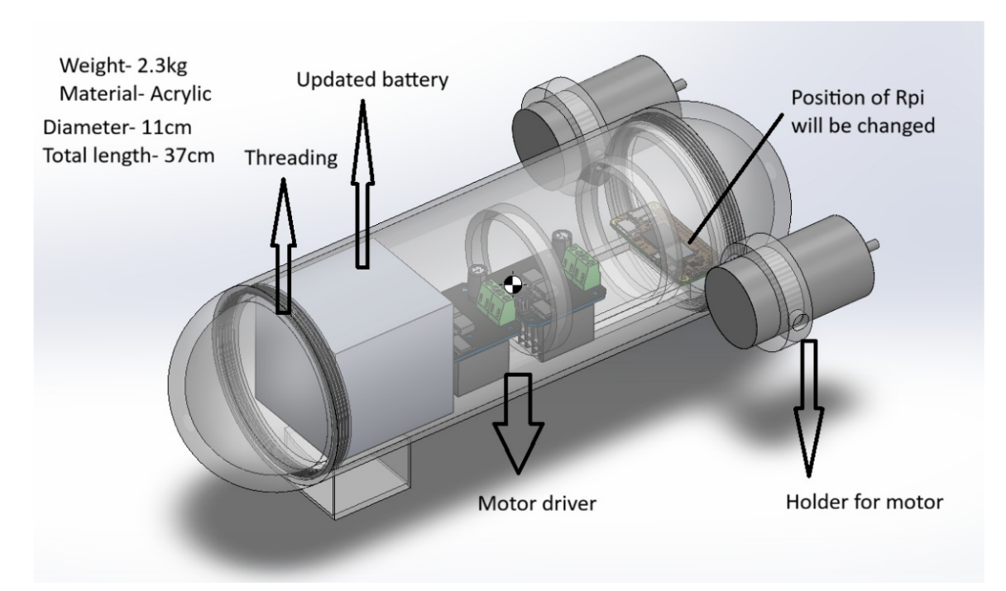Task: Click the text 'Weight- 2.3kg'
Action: click(123, 66)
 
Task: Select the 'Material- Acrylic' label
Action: click(135, 94)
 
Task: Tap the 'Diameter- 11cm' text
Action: click(117, 128)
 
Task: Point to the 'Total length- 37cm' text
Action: click(128, 156)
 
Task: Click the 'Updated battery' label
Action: click(372, 80)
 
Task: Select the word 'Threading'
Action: click(291, 159)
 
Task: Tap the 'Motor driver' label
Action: click(537, 503)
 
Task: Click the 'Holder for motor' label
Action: click(864, 503)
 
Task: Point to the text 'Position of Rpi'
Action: click(857, 98)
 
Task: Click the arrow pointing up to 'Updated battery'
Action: click(362, 184)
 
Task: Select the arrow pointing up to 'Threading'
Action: click(283, 245)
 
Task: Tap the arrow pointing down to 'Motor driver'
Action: click(518, 423)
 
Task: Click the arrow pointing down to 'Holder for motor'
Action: click(809, 408)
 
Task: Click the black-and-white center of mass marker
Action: click(512, 285)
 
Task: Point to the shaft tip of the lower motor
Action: click(876, 245)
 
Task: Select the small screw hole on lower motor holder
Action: click(800, 322)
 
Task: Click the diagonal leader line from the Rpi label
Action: click(735, 179)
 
